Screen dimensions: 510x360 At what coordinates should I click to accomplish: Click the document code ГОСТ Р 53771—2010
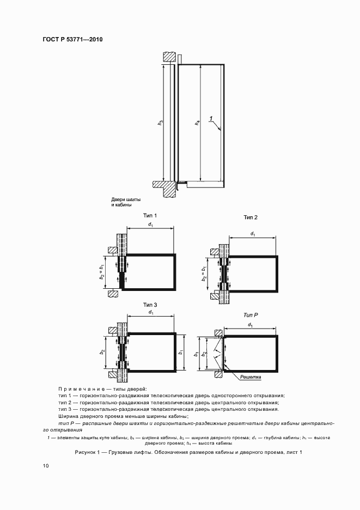coord(72,40)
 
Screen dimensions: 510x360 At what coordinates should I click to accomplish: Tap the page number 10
coord(45,466)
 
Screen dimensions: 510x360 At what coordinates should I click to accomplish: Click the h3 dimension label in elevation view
coord(160,123)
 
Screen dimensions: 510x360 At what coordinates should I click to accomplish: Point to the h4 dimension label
coord(198,123)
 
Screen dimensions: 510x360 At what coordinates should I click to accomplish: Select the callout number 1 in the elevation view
coord(211,118)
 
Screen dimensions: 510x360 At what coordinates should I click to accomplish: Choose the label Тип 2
coord(251,217)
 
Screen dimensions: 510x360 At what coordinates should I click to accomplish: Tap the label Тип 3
coord(150,304)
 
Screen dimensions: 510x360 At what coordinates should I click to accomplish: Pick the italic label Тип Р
coord(250,315)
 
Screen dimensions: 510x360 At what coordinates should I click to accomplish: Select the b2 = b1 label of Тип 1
coord(102,270)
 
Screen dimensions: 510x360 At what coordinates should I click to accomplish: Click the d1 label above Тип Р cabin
coord(250,325)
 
